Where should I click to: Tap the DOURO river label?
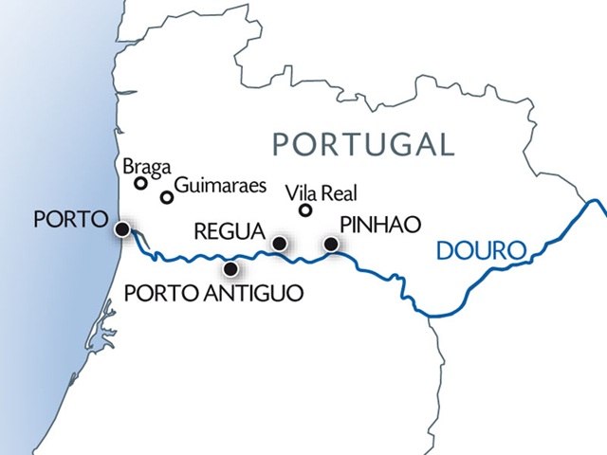[481, 251]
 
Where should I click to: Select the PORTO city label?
[68, 220]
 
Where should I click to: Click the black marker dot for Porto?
[121, 229]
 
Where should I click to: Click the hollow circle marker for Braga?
[140, 184]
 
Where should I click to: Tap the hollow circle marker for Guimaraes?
[167, 198]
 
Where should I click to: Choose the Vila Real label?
[322, 193]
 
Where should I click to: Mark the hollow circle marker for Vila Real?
[305, 210]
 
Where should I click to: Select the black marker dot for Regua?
[279, 244]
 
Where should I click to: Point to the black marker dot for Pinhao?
[331, 245]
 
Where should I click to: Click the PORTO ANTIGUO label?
[214, 294]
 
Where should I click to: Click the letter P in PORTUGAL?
[282, 144]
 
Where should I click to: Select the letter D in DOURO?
[443, 251]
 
